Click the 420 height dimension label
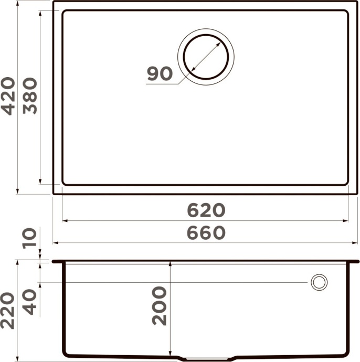click(x=8, y=95)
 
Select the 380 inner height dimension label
click(x=31, y=95)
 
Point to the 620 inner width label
click(x=206, y=210)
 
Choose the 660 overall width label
click(x=206, y=233)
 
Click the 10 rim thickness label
click(x=30, y=237)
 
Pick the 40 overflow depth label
click(x=31, y=302)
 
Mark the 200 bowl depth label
click(x=158, y=306)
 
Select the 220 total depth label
click(x=7, y=311)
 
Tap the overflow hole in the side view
click(x=319, y=282)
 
